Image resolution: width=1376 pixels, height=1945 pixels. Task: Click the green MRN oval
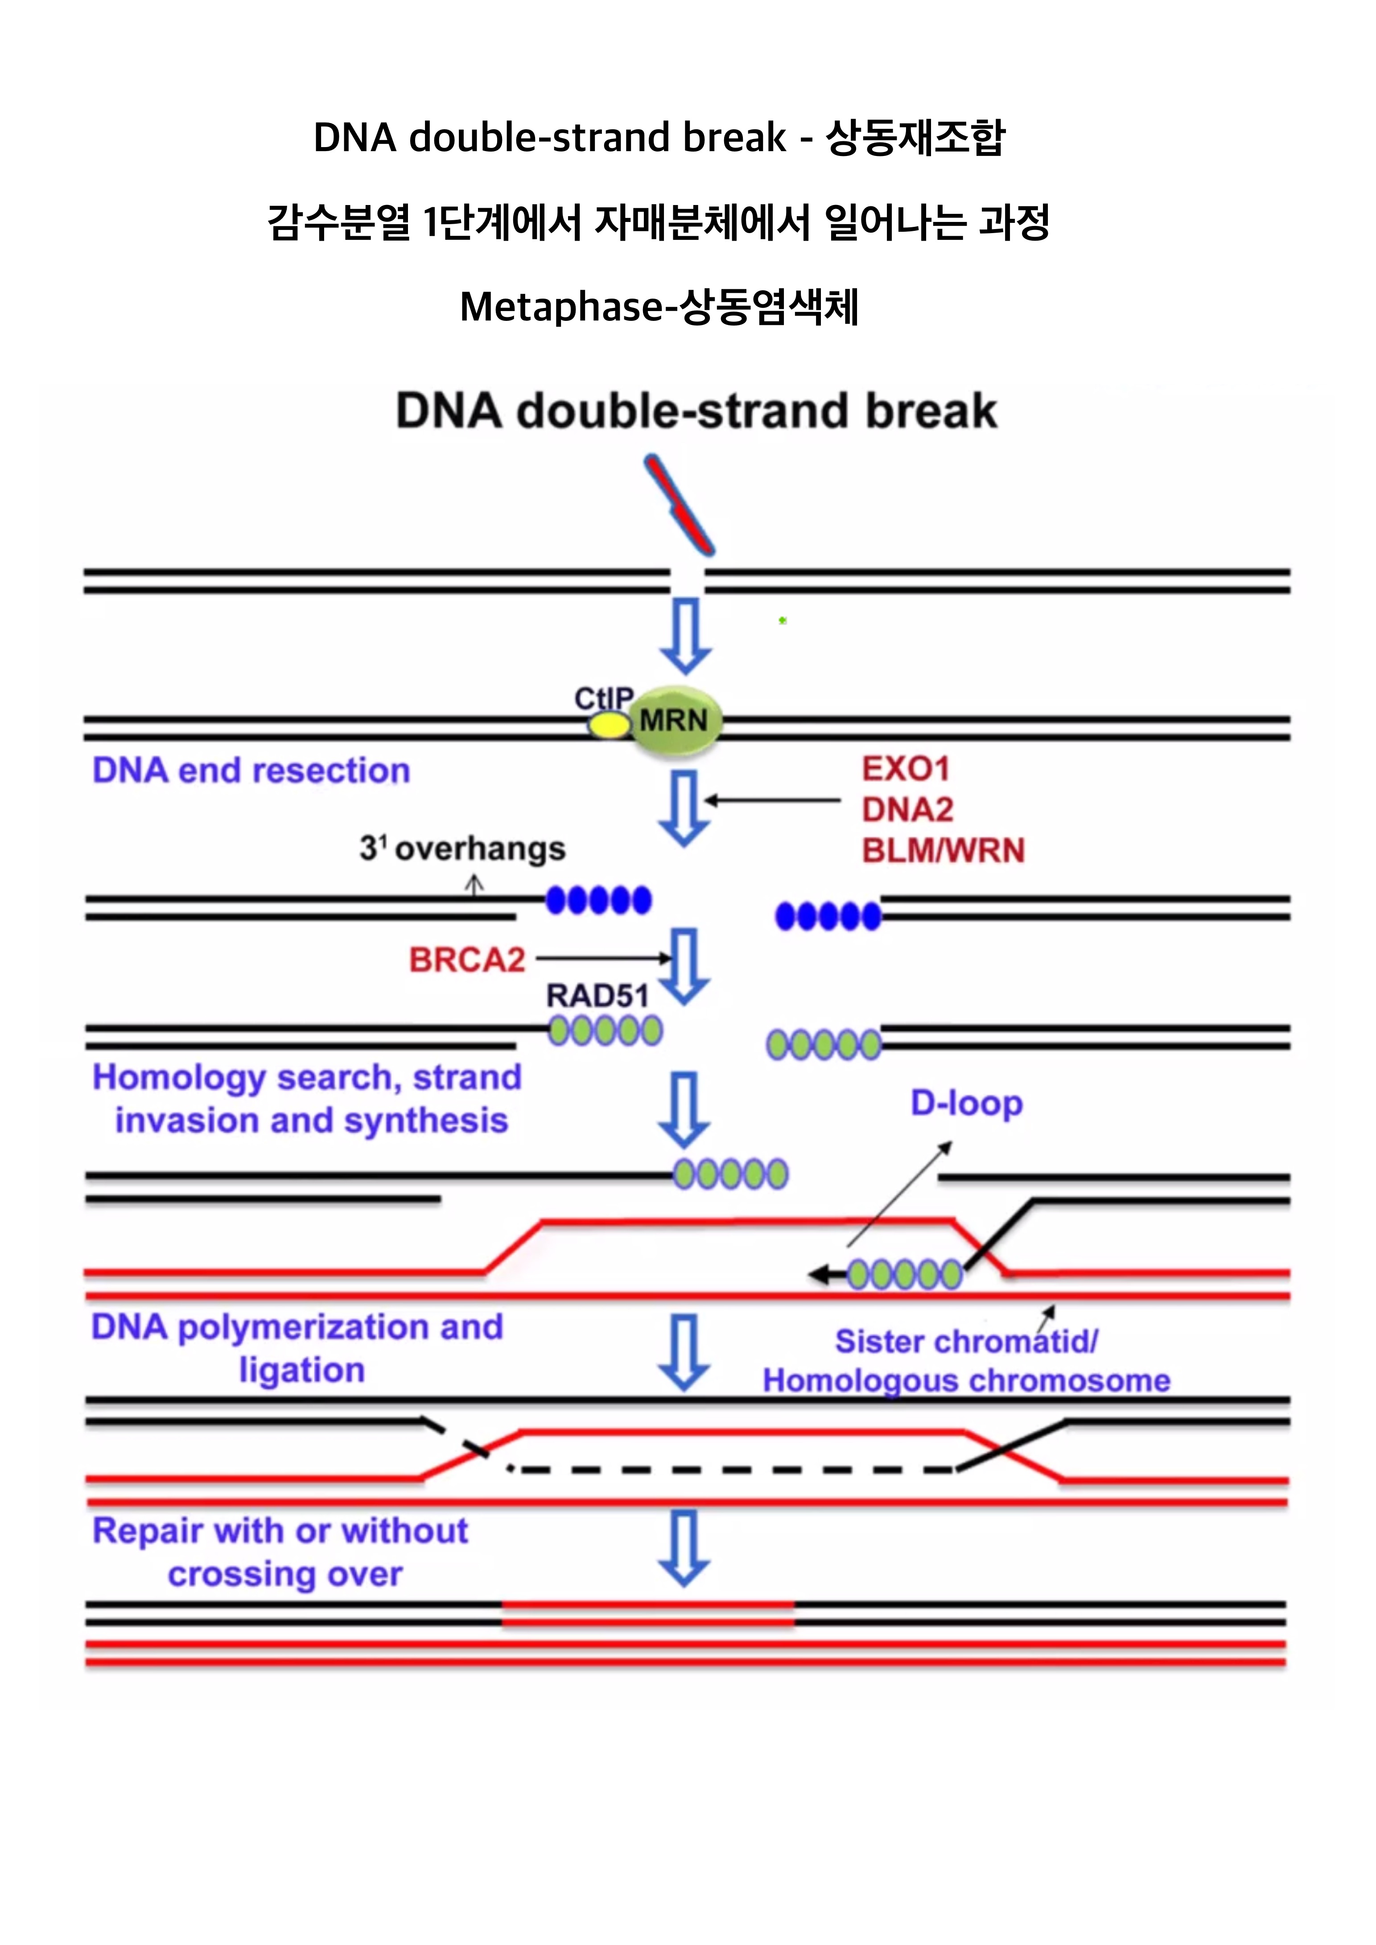coord(676,721)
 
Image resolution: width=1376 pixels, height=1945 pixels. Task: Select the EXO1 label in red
coord(906,769)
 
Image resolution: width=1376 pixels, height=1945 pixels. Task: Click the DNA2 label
coord(907,810)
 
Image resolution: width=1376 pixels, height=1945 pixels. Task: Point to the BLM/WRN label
coord(943,850)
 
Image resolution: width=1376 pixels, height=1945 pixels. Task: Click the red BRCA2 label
coord(467,960)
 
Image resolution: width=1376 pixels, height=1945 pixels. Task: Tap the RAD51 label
coord(597,995)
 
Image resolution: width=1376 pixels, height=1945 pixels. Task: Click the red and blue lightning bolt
coord(680,506)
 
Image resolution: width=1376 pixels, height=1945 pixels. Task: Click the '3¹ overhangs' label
coord(463,848)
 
